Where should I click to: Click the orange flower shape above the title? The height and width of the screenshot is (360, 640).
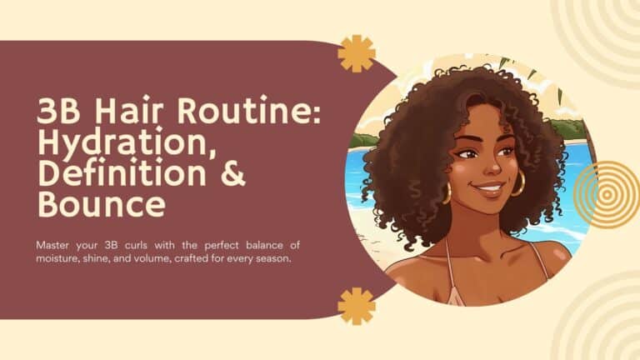coord(357,53)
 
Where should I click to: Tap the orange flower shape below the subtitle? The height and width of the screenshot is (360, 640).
coord(357,306)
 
